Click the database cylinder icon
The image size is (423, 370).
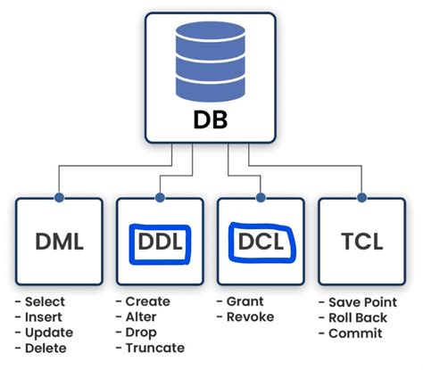pos(211,58)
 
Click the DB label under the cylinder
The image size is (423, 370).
pos(211,119)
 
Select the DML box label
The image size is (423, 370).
pos(60,240)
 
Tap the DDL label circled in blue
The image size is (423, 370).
pos(161,240)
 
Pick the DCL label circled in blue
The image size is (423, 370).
pos(261,240)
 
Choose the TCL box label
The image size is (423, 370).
pos(363,240)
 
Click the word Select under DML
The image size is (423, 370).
pos(45,302)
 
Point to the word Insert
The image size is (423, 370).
pos(43,318)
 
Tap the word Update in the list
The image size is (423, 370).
pos(48,333)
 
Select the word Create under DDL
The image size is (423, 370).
pos(147,302)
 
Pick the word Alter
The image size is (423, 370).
pos(141,318)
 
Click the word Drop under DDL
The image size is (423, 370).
pos(141,333)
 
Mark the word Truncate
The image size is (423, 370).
pos(154,349)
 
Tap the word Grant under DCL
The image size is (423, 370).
pos(245,302)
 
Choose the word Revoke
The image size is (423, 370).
pos(249,318)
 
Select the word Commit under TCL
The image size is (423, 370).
pos(354,333)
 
